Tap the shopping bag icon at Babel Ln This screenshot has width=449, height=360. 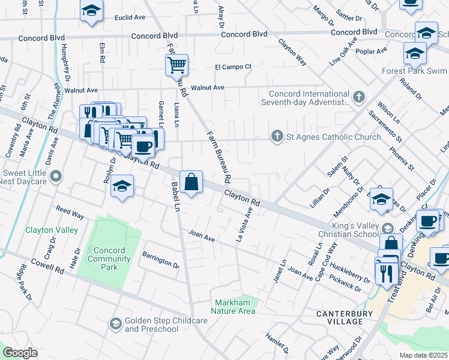pyautogui.click(x=191, y=181)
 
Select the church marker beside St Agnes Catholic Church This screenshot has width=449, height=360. pyautogui.click(x=277, y=137)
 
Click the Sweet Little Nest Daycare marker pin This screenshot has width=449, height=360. pyautogui.click(x=56, y=176)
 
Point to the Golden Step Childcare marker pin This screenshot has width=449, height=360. pyautogui.click(x=115, y=325)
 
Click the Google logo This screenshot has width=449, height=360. pyautogui.click(x=20, y=353)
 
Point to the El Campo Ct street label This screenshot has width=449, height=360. pyautogui.click(x=234, y=67)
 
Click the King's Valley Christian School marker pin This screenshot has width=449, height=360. pyautogui.click(x=388, y=228)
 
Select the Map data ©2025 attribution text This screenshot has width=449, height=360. pyautogui.click(x=423, y=355)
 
